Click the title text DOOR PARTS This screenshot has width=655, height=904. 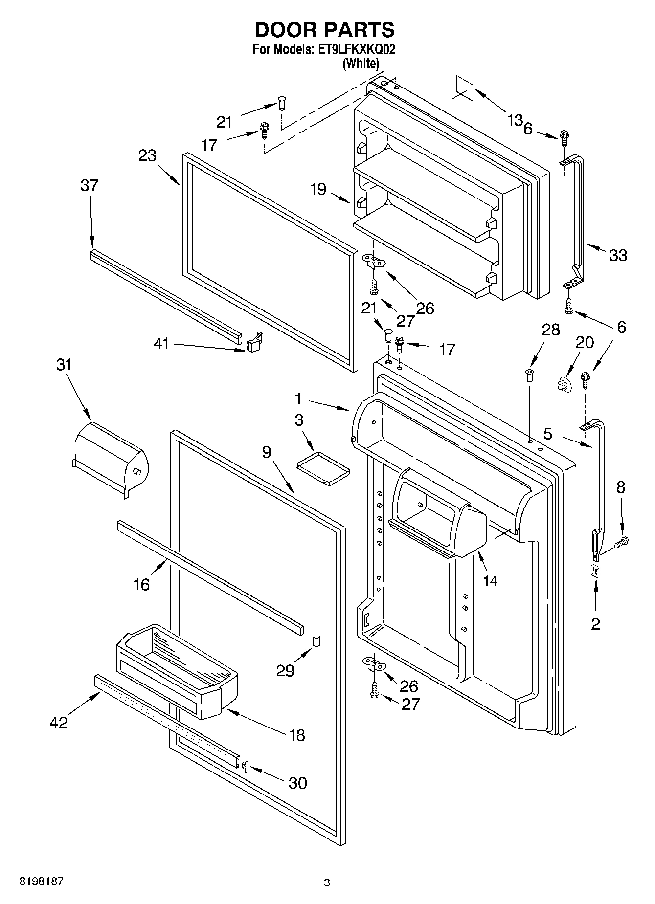point(324,30)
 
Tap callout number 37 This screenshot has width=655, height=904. point(90,185)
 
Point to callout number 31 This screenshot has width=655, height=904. point(64,365)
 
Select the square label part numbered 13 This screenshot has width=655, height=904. point(465,88)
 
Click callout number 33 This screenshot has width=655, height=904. point(618,255)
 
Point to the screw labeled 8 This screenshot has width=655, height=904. point(622,541)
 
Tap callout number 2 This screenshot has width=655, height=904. point(595,624)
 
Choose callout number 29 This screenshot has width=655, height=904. point(285,670)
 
